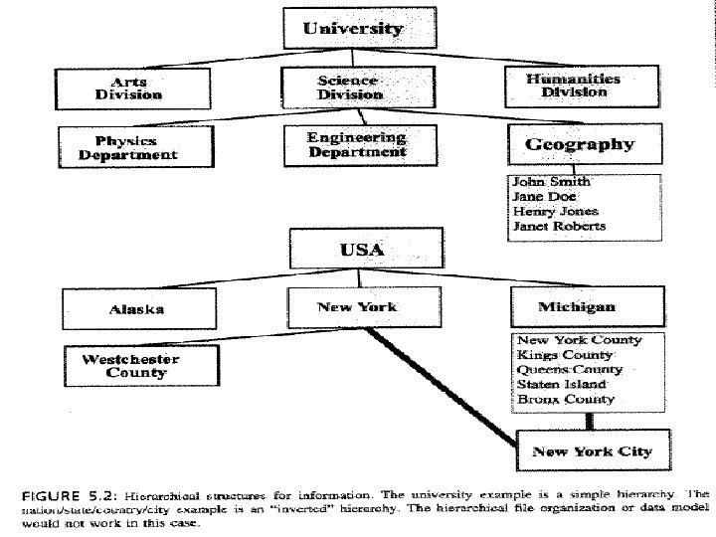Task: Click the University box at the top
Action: click(x=354, y=29)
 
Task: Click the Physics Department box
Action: click(x=135, y=147)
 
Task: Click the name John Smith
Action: click(x=551, y=182)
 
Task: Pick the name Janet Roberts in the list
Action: click(x=558, y=226)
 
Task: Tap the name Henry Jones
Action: click(x=555, y=211)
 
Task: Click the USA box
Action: click(x=361, y=249)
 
